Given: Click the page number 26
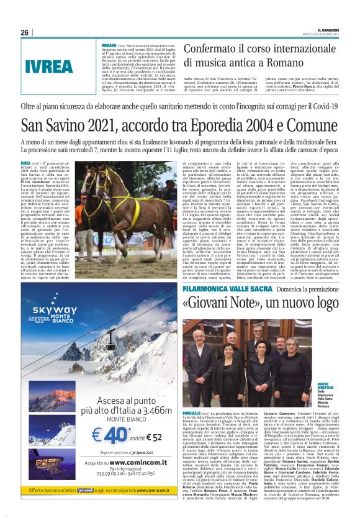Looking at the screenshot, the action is tap(25, 32).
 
